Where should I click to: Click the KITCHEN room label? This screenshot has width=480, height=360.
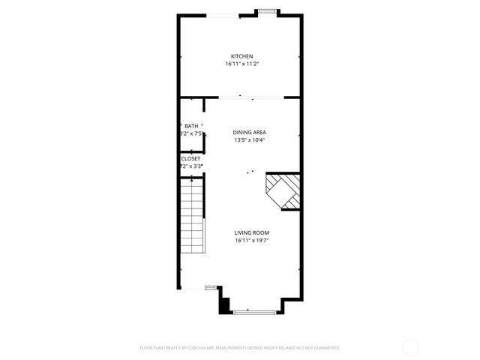click(x=241, y=56)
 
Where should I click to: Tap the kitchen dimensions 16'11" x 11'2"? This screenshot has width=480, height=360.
click(x=241, y=64)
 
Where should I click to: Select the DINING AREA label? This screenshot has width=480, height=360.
click(x=250, y=132)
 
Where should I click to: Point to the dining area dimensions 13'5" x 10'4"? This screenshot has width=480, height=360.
click(x=250, y=140)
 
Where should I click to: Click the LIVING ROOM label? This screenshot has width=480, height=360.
click(x=251, y=233)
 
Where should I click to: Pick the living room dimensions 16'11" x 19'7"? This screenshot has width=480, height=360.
click(x=251, y=241)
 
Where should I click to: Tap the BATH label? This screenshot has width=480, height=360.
click(x=191, y=126)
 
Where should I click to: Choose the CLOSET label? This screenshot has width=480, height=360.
click(x=190, y=159)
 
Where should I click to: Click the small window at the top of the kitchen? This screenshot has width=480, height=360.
click(x=265, y=11)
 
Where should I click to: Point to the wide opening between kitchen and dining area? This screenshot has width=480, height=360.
click(x=251, y=97)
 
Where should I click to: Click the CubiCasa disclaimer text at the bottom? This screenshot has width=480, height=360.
click(x=240, y=348)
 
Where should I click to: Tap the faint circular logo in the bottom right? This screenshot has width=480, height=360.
click(x=411, y=347)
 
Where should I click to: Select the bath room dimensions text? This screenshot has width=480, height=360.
click(x=191, y=134)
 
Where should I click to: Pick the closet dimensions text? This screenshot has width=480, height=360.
click(x=190, y=166)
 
